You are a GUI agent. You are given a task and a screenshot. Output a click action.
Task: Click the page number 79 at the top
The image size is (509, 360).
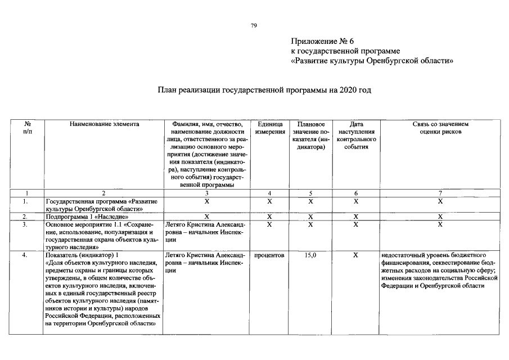point(254,25)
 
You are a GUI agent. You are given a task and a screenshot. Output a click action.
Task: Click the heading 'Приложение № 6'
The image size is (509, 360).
point(322,42)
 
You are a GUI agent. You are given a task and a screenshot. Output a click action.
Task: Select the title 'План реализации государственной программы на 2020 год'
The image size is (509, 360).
point(264,90)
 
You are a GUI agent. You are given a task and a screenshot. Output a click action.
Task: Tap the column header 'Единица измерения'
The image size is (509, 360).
point(269,128)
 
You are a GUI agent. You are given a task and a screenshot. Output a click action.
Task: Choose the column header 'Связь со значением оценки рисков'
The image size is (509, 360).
point(440,128)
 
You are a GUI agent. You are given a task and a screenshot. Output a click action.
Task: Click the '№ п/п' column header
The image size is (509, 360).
point(26,128)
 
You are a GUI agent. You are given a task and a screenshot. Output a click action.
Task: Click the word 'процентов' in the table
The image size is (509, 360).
point(269,255)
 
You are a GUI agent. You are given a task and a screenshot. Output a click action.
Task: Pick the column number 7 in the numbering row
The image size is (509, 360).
point(440,193)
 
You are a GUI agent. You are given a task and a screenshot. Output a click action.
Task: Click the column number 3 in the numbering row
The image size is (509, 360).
point(206,193)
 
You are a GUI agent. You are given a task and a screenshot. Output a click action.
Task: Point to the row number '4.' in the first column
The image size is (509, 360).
point(25,255)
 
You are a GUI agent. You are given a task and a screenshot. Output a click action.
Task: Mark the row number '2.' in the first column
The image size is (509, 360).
point(25,216)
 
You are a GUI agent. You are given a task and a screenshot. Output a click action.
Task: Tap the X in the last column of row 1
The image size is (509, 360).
point(440,201)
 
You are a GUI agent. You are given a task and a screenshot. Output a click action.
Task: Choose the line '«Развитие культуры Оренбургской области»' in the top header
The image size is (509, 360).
point(372,61)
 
